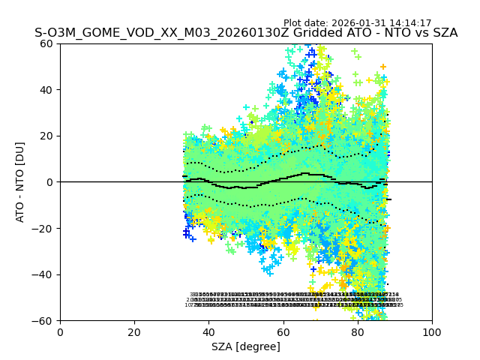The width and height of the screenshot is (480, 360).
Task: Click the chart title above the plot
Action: (x=246, y=33)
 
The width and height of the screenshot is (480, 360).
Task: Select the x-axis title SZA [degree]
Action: (x=246, y=346)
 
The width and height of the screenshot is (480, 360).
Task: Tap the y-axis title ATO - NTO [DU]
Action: (x=21, y=181)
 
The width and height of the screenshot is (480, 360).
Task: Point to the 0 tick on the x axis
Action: (x=60, y=332)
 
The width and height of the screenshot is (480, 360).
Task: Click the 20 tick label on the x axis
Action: (x=134, y=332)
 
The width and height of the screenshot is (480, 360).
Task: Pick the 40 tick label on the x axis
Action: (x=208, y=332)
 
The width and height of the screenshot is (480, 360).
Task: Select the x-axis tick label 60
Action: (x=283, y=332)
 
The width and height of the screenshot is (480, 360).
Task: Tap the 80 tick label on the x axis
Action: (x=358, y=332)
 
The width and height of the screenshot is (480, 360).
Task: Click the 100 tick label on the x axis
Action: (x=432, y=332)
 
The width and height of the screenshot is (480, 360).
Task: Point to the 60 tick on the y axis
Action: (x=47, y=43)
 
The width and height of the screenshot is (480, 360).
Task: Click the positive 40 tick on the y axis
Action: (x=47, y=90)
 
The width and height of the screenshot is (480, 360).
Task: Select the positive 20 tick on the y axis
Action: (x=47, y=136)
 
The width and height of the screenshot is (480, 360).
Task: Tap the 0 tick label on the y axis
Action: (x=50, y=182)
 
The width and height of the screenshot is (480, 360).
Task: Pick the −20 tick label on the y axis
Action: (x=44, y=228)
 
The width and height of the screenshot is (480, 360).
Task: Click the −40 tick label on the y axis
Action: (x=44, y=274)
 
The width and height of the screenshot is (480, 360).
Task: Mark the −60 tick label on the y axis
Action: (x=44, y=321)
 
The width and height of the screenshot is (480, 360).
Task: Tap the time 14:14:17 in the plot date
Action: (x=409, y=23)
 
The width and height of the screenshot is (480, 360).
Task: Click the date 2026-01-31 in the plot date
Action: (x=358, y=23)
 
